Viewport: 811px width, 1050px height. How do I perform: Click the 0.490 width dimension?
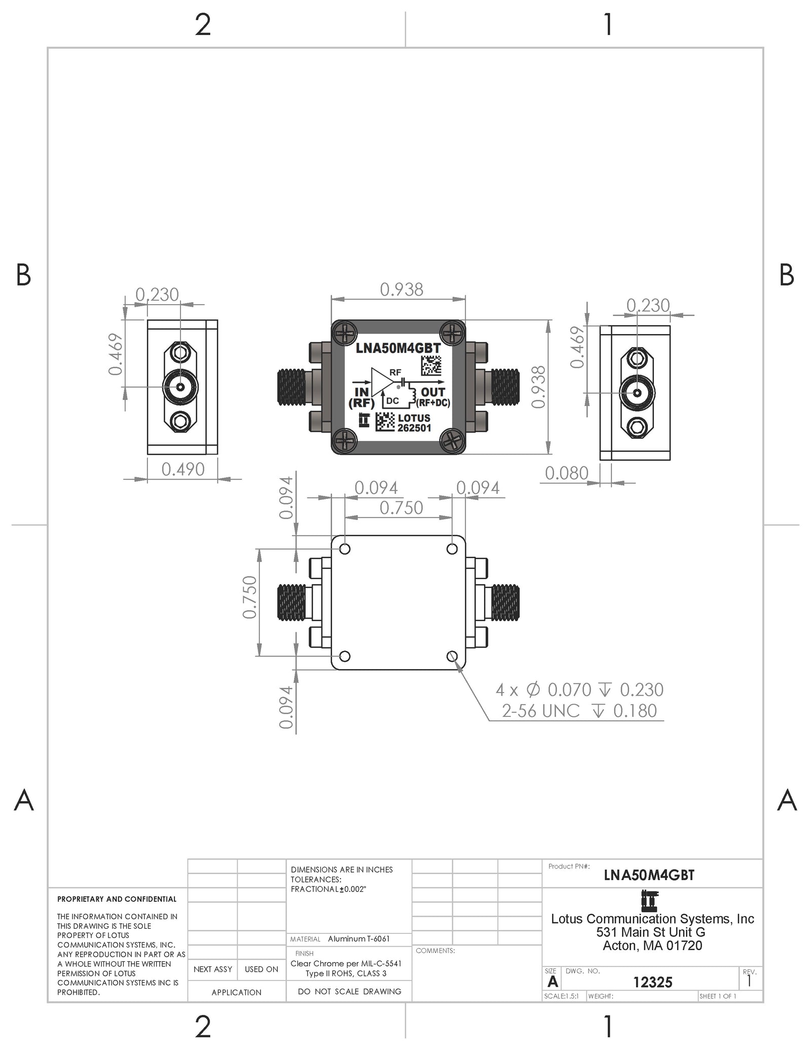click(x=183, y=469)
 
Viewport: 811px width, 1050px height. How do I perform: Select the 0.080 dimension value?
click(x=567, y=473)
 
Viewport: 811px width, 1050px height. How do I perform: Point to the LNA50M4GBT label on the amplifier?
click(x=398, y=349)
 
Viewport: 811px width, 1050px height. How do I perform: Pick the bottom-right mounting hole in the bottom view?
click(x=452, y=657)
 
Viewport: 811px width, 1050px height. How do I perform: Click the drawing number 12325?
click(x=653, y=982)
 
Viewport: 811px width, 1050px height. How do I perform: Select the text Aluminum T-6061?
click(x=359, y=938)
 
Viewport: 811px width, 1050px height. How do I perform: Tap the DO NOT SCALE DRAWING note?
click(x=350, y=991)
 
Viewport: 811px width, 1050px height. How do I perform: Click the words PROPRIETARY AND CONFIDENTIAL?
click(x=117, y=899)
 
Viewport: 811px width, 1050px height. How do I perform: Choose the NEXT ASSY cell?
click(x=213, y=969)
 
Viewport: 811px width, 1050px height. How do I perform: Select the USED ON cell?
click(x=262, y=969)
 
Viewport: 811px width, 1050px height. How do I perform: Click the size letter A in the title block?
click(x=552, y=982)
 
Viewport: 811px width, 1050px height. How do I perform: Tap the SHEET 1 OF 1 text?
click(x=718, y=996)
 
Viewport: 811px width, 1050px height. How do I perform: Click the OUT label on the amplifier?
click(x=433, y=392)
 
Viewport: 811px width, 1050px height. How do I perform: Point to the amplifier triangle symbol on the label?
click(x=381, y=381)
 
